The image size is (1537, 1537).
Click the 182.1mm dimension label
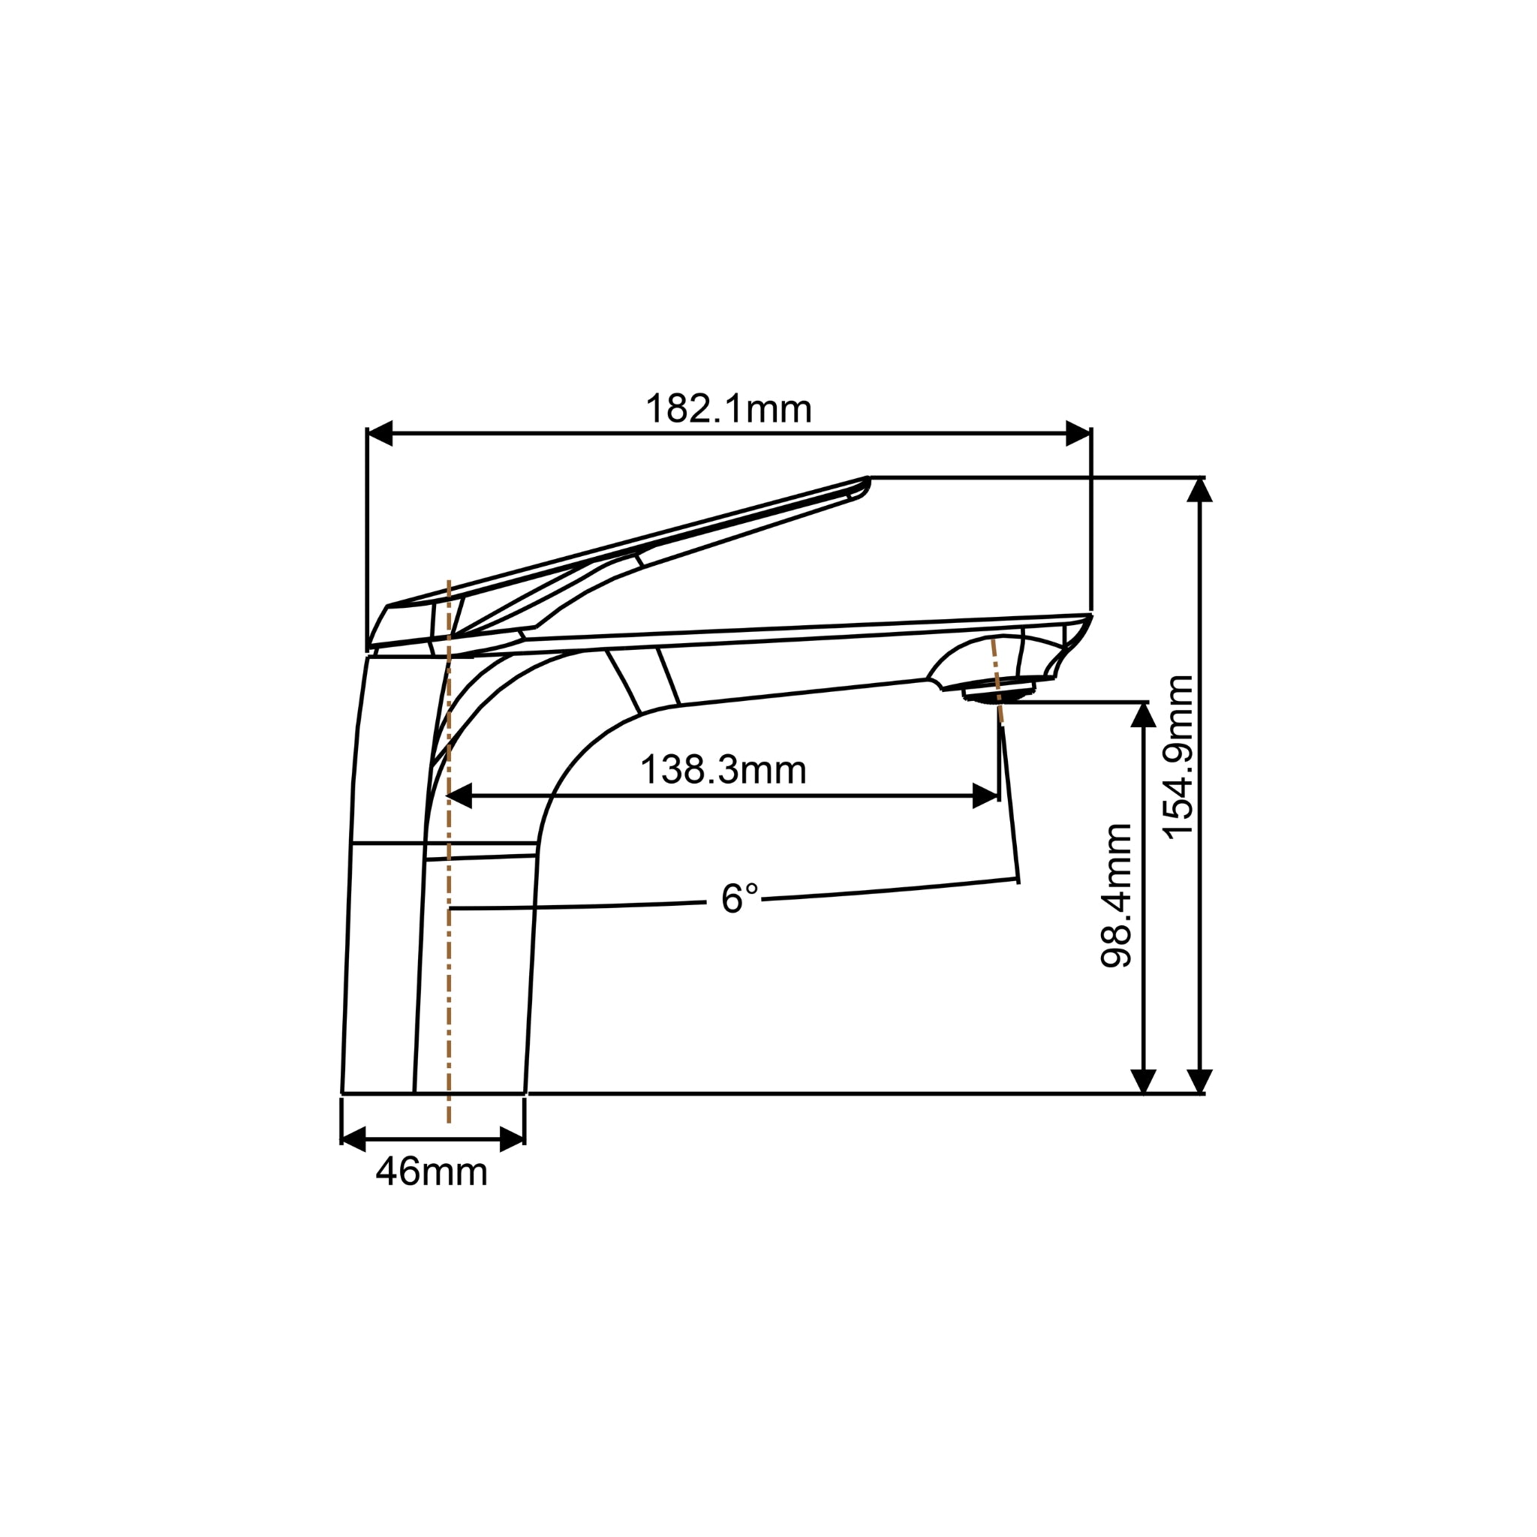[x=728, y=409]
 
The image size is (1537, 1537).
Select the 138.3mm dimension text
[x=723, y=770]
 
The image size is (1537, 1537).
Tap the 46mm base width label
[x=432, y=1172]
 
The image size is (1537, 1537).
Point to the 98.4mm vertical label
[x=1115, y=895]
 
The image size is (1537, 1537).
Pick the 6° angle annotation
[x=739, y=899]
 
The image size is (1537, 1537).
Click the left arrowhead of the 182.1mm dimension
[x=380, y=434]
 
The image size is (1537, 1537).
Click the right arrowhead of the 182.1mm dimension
[x=1078, y=434]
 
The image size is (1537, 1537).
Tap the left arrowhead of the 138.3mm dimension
[x=460, y=796]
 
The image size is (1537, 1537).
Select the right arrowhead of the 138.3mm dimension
[x=985, y=796]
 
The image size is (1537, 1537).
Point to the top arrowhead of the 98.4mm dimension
[x=1143, y=715]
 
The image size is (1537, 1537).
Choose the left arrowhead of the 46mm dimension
[x=353, y=1139]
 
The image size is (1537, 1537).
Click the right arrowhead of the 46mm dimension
[x=512, y=1139]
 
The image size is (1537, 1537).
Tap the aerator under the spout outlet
[x=998, y=693]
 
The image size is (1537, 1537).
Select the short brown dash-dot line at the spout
[x=997, y=681]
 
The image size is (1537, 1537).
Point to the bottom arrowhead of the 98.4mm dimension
[x=1143, y=1081]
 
